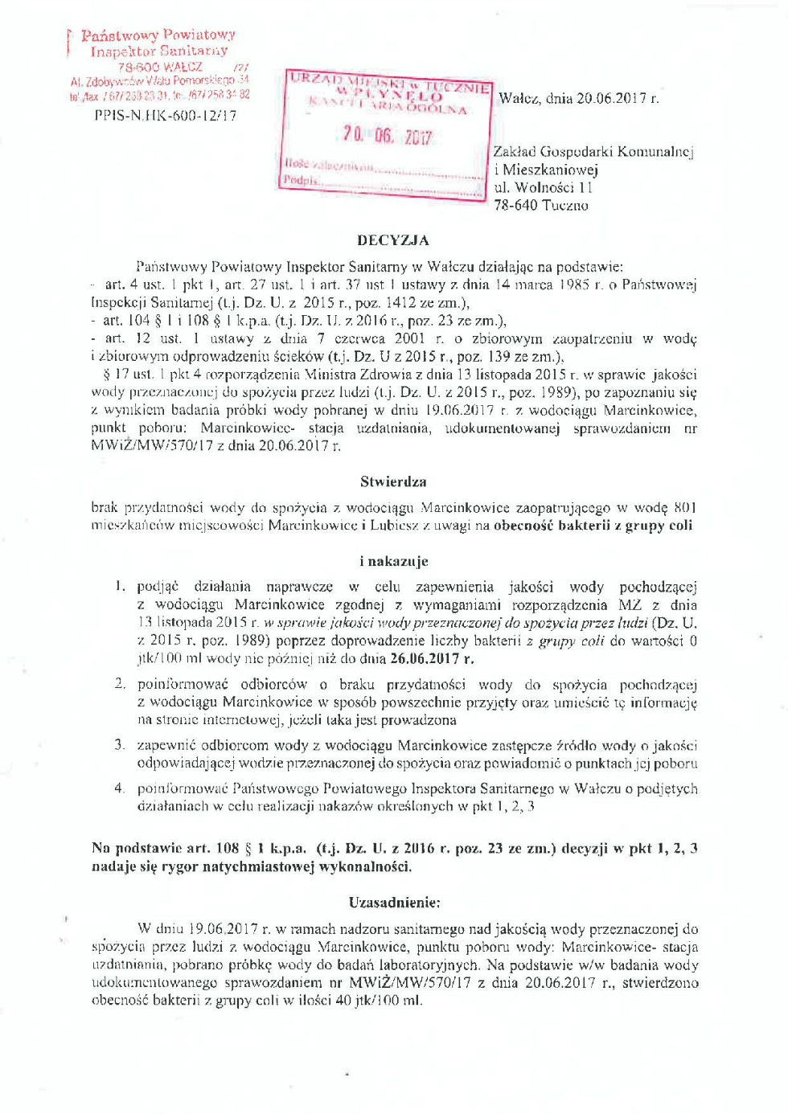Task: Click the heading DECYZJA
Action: click(x=393, y=240)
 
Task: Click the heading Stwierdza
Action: click(x=393, y=481)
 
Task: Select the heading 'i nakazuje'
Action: click(x=393, y=561)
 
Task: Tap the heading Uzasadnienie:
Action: click(x=394, y=902)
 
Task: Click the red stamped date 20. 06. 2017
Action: click(x=387, y=135)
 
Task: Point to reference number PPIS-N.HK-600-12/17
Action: click(x=166, y=115)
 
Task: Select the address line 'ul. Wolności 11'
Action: click(x=543, y=187)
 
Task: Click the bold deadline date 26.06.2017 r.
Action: click(x=432, y=658)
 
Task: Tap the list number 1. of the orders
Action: click(x=120, y=586)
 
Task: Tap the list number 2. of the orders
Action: click(x=120, y=683)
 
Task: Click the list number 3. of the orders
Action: click(x=120, y=744)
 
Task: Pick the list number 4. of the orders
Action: click(x=120, y=788)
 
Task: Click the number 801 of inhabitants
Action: click(x=685, y=507)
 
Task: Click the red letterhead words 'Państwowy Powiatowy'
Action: click(x=158, y=35)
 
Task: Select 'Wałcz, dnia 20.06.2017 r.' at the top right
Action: click(x=578, y=98)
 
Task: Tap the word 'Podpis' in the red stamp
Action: click(x=300, y=181)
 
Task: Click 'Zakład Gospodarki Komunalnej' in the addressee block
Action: click(x=593, y=151)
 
